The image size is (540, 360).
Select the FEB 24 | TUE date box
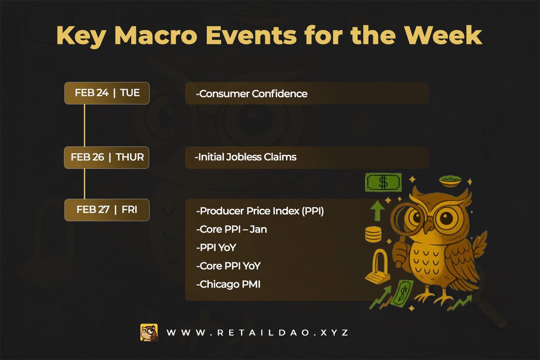[107, 93]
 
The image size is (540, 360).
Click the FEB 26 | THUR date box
[107, 157]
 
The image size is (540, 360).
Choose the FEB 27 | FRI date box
[107, 210]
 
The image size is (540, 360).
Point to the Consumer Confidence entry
[252, 94]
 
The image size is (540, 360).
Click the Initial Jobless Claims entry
[246, 157]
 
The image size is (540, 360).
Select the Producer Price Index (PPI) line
[260, 211]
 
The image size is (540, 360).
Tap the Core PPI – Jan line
[232, 229]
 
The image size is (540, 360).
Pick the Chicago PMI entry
[228, 284]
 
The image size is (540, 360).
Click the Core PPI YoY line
[229, 266]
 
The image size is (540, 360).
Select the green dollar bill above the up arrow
[383, 182]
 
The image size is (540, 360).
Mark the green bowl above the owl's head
[450, 180]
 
